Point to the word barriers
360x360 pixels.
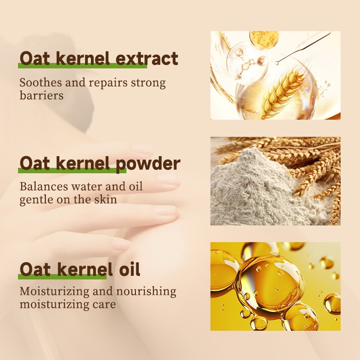point(41,95)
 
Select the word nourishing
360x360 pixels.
point(145,292)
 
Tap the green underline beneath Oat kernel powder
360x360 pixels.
point(67,171)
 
